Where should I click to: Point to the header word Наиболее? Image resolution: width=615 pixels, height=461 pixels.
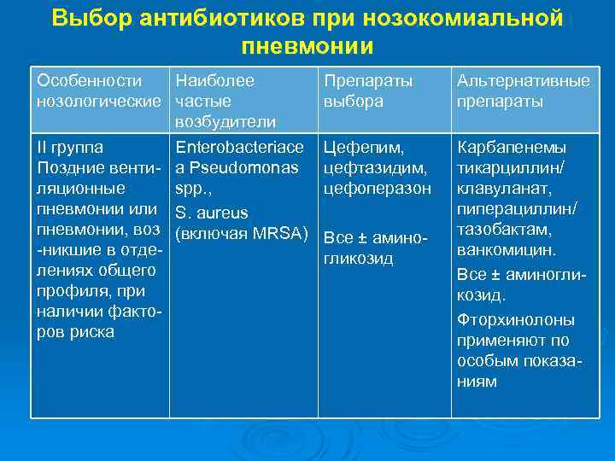(x=214, y=81)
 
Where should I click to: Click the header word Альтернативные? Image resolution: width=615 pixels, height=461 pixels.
(x=524, y=81)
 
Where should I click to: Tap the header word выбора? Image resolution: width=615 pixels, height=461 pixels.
(x=354, y=101)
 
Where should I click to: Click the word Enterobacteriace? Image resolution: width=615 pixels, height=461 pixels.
(x=239, y=148)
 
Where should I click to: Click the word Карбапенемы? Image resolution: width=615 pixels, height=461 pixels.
(x=512, y=148)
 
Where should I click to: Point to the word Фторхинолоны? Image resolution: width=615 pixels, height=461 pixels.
(x=516, y=320)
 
